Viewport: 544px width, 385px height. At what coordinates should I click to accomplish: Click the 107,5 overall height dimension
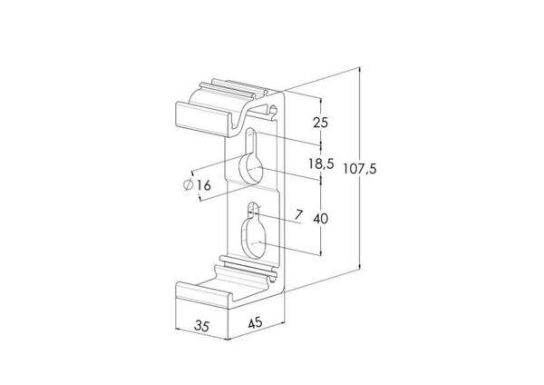[x=360, y=169]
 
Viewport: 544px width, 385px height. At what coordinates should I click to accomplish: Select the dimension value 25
[x=320, y=123]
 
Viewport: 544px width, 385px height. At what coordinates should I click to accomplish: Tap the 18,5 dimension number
[x=321, y=163]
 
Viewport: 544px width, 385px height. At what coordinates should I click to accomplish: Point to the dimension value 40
[x=320, y=219]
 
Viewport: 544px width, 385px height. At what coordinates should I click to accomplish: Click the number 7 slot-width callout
[x=298, y=215]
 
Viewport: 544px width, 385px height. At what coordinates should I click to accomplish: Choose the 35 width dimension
[x=202, y=326]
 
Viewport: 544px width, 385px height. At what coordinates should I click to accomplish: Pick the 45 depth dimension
[x=255, y=323]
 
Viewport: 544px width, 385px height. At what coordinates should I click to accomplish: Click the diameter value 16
[x=204, y=185]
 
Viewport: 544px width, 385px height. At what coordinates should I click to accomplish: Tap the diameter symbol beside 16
[x=189, y=185]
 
